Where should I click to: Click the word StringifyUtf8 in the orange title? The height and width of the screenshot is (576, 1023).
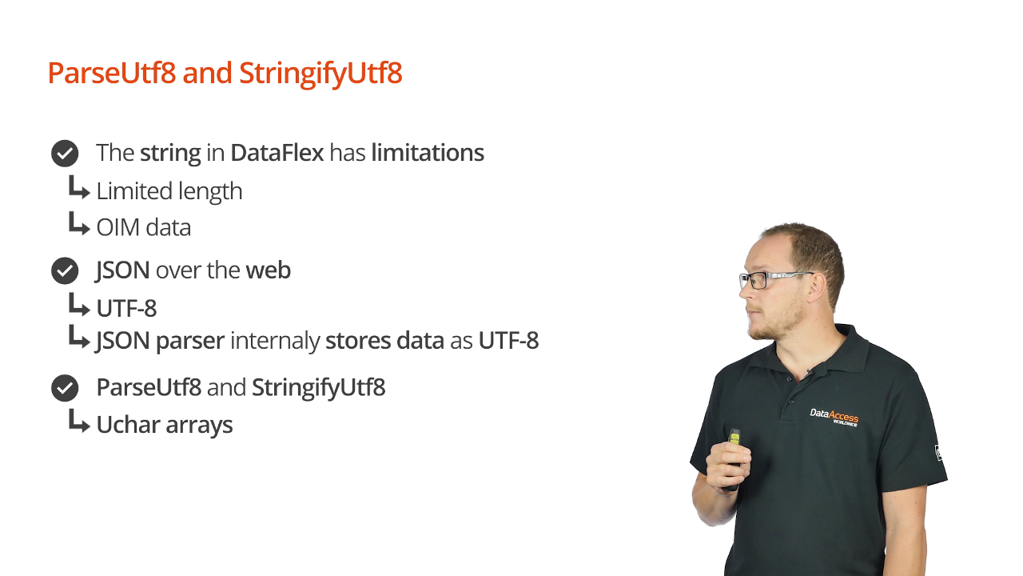pyautogui.click(x=320, y=74)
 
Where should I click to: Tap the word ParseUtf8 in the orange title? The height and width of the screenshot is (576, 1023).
pyautogui.click(x=112, y=73)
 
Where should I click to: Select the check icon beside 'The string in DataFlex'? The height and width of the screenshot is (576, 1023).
pyautogui.click(x=65, y=153)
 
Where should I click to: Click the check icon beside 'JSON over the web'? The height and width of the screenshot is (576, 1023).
pyautogui.click(x=65, y=270)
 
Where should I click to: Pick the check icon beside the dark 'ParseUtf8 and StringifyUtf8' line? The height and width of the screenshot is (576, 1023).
pyautogui.click(x=65, y=388)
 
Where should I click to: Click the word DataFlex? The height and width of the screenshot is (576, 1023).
pyautogui.click(x=277, y=153)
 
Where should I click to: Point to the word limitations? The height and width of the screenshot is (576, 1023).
pyautogui.click(x=428, y=153)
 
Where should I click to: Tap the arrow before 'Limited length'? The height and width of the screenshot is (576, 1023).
pyautogui.click(x=78, y=187)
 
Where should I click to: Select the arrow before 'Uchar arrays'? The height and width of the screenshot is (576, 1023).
pyautogui.click(x=78, y=421)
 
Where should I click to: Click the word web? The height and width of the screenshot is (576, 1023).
pyautogui.click(x=269, y=270)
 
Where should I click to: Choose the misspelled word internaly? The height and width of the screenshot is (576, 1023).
pyautogui.click(x=275, y=341)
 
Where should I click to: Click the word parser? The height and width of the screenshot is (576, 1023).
pyautogui.click(x=190, y=342)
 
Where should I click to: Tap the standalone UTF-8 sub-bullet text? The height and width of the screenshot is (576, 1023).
pyautogui.click(x=126, y=309)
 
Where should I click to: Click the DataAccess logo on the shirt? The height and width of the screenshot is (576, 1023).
pyautogui.click(x=834, y=418)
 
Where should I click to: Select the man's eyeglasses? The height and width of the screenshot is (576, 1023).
pyautogui.click(x=775, y=279)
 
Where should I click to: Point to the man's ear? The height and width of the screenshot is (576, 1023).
pyautogui.click(x=814, y=290)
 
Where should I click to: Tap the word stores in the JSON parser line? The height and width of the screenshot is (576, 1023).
pyautogui.click(x=358, y=341)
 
